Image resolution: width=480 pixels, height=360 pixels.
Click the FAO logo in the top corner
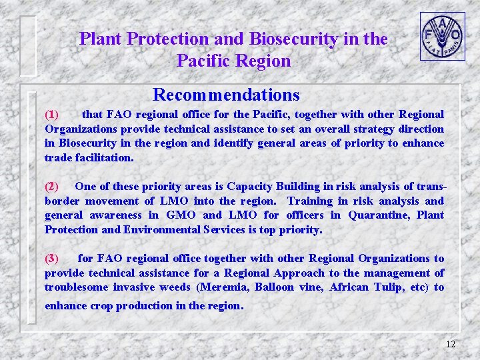(x=442, y=36)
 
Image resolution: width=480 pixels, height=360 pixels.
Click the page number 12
(x=450, y=344)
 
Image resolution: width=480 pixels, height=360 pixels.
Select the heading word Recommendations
(x=226, y=95)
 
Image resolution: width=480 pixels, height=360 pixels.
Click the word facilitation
(x=105, y=158)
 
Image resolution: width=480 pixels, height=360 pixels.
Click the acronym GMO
(x=181, y=215)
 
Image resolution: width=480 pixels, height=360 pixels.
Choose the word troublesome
(x=76, y=287)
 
